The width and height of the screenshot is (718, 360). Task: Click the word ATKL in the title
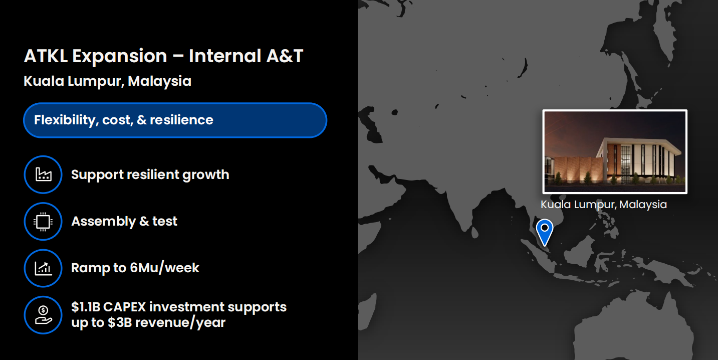point(46,56)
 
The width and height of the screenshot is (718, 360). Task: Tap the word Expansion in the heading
point(120,57)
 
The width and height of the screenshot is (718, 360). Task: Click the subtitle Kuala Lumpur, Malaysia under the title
point(107,81)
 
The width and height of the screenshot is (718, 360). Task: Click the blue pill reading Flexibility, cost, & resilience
point(175,120)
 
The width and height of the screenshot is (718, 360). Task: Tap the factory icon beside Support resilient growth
point(43,174)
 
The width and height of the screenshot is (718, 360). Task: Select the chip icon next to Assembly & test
point(43,222)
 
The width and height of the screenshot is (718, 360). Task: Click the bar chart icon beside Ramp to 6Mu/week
point(43,268)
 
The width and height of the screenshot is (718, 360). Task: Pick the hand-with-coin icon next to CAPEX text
point(43,315)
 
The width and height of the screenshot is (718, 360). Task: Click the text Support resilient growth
point(150,175)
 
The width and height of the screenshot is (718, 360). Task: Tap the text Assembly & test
point(124,222)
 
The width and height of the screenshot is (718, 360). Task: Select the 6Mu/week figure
point(164,268)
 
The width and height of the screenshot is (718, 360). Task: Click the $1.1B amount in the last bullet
point(86,307)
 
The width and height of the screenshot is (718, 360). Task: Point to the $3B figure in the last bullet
point(120,322)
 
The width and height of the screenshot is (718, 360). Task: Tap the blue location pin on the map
point(545,230)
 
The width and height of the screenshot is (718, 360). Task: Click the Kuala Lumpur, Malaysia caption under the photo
point(604,205)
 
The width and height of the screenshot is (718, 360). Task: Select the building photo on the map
point(615,152)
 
